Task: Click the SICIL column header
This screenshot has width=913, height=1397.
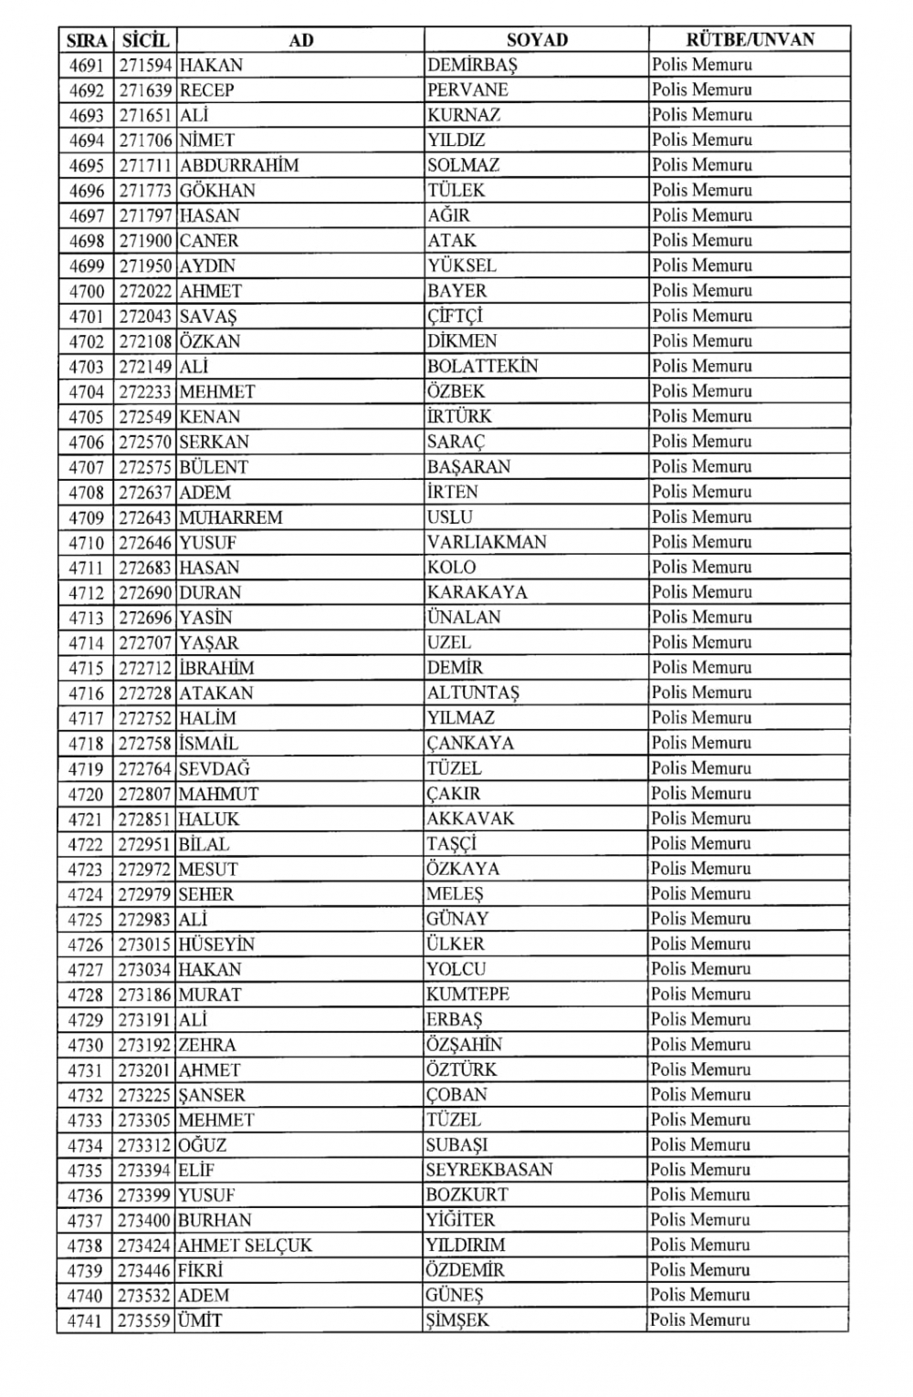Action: point(144,40)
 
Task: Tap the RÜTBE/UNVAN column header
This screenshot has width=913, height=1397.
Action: point(750,40)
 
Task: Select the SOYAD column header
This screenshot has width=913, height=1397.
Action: point(537,40)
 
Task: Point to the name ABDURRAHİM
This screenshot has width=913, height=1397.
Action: point(239,166)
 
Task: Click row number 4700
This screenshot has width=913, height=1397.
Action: point(87,291)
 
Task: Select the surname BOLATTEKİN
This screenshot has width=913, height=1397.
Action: point(483,367)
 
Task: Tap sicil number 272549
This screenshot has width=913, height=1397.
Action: point(145,417)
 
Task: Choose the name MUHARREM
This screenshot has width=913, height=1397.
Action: point(231,517)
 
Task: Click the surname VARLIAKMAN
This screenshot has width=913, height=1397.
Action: point(487,542)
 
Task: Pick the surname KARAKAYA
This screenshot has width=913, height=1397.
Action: point(477,592)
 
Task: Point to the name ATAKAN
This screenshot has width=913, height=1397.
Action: point(216,693)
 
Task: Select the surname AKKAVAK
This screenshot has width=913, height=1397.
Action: point(471,818)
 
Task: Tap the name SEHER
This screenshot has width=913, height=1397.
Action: point(206,894)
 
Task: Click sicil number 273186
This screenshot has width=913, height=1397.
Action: point(145,995)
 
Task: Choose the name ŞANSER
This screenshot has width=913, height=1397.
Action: point(212,1095)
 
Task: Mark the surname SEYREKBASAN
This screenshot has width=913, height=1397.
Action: point(489,1170)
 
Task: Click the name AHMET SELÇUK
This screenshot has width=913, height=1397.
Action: point(245,1246)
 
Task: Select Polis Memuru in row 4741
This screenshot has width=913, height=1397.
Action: point(701,1320)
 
